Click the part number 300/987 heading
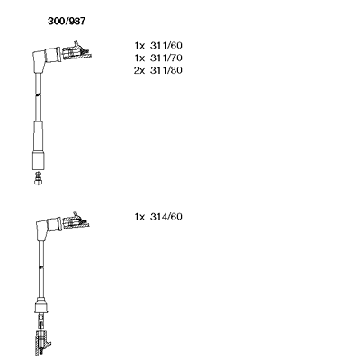[67, 21]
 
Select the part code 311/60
[166, 46]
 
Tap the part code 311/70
[166, 58]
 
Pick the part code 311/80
[166, 70]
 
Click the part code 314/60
[166, 217]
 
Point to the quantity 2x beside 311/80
[139, 70]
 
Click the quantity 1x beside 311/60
[139, 46]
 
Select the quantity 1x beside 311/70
[139, 58]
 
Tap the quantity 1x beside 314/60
[139, 217]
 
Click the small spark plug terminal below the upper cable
[38, 178]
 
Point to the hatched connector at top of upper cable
[76, 51]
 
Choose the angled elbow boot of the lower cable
[48, 228]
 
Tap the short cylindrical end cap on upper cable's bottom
[39, 160]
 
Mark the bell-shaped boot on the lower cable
[41, 305]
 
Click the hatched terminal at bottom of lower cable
[42, 342]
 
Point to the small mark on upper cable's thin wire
[38, 94]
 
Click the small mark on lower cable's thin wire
[41, 266]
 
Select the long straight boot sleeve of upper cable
[39, 136]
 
